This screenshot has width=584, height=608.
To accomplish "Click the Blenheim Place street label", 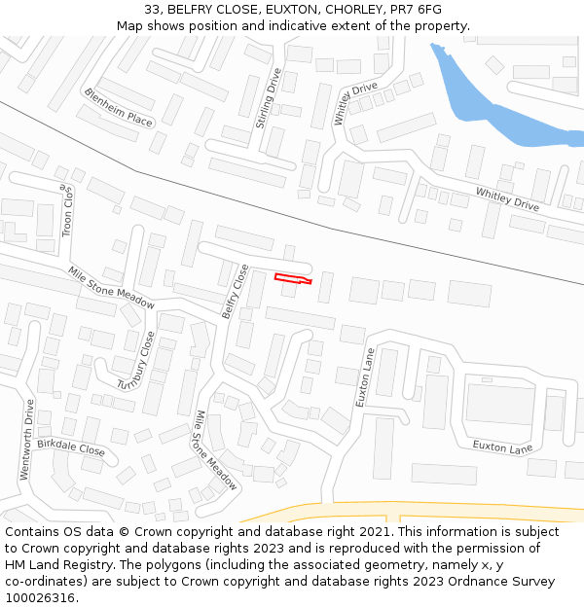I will (118, 108).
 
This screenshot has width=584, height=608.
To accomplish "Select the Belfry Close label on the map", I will (235, 291).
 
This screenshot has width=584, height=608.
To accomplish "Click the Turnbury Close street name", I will (136, 361).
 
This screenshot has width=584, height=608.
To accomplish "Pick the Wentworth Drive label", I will (26, 440).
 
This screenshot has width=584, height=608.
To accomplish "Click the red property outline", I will (293, 279).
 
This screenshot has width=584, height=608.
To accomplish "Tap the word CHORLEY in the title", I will (349, 9).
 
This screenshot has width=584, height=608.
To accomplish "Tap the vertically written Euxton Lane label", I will (364, 377).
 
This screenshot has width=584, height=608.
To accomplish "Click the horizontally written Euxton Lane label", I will (502, 447).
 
